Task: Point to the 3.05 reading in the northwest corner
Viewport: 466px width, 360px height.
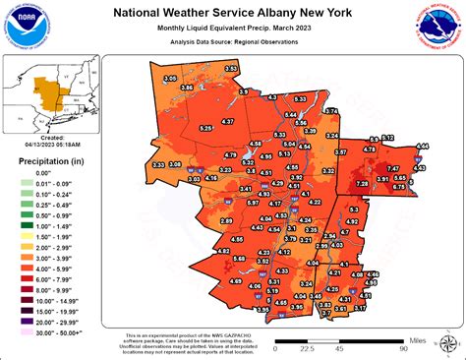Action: click(x=170, y=78)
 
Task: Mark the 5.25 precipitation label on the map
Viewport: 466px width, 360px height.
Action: click(x=205, y=128)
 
